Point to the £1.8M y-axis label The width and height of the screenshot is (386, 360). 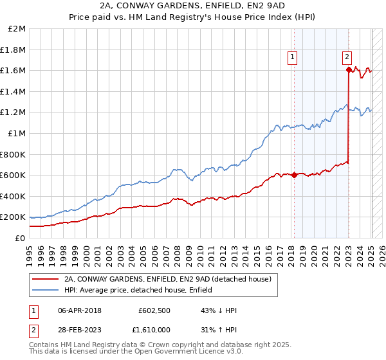[x=14, y=50]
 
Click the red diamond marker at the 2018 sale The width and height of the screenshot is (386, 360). [x=295, y=175]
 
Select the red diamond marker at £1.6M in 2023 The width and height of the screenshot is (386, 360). [x=348, y=70]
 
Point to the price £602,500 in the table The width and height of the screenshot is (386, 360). [x=154, y=310]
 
